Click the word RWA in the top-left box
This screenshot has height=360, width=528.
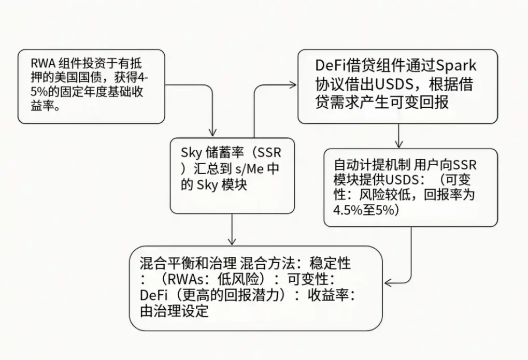click(42, 64)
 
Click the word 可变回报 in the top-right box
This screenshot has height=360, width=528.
click(413, 102)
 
